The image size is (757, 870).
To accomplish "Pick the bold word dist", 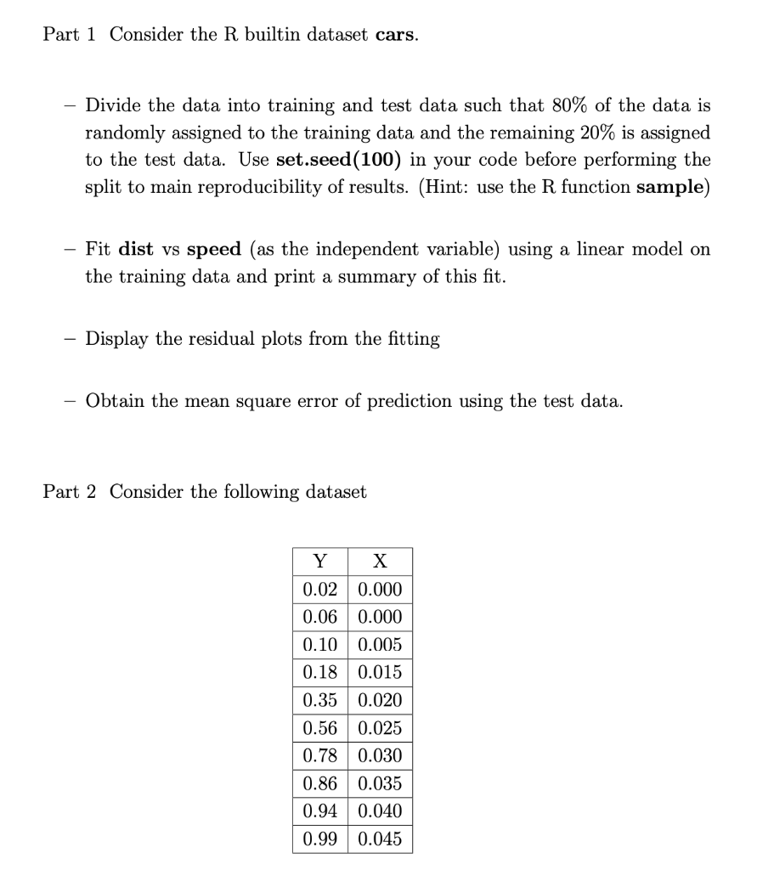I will click(x=136, y=250).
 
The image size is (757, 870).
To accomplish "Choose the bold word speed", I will click(x=213, y=250).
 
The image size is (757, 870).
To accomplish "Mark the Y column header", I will click(x=319, y=562).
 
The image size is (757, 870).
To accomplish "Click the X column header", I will click(x=380, y=562).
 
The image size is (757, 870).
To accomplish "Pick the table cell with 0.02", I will click(x=319, y=590).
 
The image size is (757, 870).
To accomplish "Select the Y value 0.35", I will click(x=319, y=700).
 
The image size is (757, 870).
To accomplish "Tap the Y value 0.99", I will click(x=319, y=839).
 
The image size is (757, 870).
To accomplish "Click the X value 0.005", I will click(x=380, y=645).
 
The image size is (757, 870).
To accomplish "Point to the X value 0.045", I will click(x=380, y=839).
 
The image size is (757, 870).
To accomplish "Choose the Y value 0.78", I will click(x=319, y=756).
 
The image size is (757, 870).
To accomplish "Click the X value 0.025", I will click(x=380, y=728).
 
